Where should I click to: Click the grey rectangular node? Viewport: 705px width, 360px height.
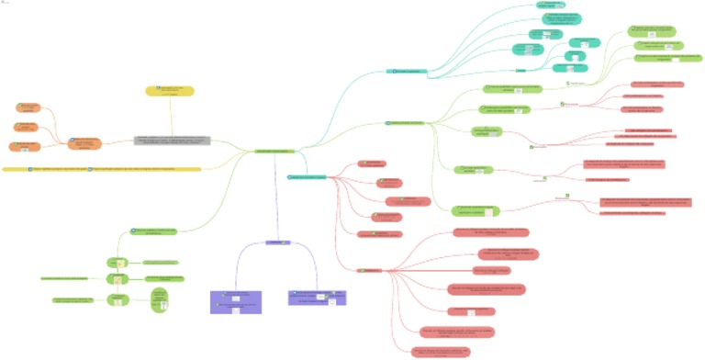pos(173,141)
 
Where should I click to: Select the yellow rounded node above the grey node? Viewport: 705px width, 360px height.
pos(169,91)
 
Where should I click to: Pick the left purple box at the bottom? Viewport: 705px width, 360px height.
pos(235,301)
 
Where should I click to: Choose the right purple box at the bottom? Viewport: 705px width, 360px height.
pos(317,298)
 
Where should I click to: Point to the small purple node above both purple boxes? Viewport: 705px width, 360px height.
pos(275,242)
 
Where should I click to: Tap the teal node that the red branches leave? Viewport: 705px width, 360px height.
pos(308,176)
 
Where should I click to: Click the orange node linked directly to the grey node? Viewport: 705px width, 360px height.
pos(84,143)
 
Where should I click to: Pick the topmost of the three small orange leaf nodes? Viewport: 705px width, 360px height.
pos(26,108)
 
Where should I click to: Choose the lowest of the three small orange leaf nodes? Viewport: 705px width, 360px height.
pos(24,147)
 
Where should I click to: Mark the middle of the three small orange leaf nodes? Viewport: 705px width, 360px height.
pos(25,127)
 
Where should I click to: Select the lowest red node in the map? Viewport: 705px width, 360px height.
pos(441,351)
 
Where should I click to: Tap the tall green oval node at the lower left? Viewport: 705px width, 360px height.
pos(160,300)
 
